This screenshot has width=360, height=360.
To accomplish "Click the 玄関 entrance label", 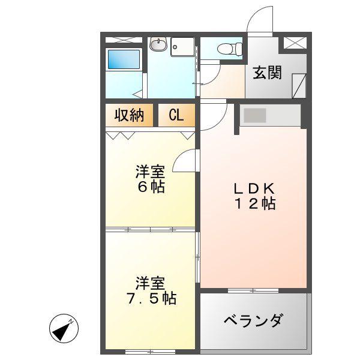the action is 267,73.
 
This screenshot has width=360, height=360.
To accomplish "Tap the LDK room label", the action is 254,188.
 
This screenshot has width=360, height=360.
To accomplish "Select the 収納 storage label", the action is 129,115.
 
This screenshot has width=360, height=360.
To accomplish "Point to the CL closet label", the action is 176,115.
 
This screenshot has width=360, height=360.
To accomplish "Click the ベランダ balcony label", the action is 253,320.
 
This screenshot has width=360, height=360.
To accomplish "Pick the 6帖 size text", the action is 151,187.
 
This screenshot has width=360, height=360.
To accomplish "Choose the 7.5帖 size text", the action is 152,298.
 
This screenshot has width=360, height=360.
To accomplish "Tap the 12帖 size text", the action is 255,203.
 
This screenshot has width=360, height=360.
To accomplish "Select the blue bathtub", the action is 124,59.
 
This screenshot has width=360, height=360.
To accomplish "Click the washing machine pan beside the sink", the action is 182,47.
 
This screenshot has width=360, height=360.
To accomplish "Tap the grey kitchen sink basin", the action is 255,115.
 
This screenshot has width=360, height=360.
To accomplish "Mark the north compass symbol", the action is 64,328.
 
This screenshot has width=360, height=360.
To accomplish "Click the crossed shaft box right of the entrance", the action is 295,43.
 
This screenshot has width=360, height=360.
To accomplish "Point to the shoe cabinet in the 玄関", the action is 299,86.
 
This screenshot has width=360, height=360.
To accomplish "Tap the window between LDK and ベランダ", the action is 253,290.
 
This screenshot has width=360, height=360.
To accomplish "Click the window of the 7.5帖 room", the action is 151,352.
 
